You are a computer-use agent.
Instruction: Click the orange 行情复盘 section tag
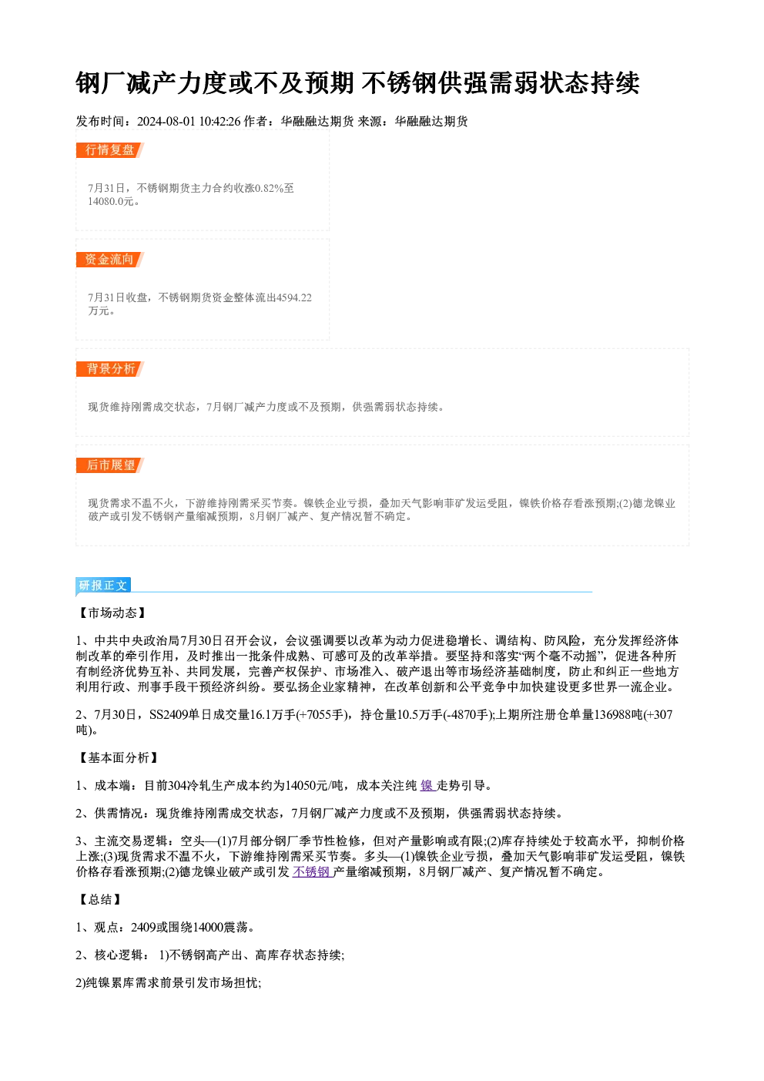pos(110,150)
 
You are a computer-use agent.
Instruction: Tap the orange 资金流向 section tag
pos(110,260)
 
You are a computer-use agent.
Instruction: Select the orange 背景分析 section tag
pos(110,369)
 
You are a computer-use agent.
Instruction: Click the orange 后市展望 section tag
pos(110,465)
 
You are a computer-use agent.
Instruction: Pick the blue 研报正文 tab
pos(103,585)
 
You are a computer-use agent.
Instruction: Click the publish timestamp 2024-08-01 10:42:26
pos(189,121)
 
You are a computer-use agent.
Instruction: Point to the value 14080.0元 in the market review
pos(110,201)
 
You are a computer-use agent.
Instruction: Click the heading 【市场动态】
pos(112,613)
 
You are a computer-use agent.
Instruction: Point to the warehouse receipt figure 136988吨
pos(618,715)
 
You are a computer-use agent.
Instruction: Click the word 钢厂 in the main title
pos(101,82)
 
